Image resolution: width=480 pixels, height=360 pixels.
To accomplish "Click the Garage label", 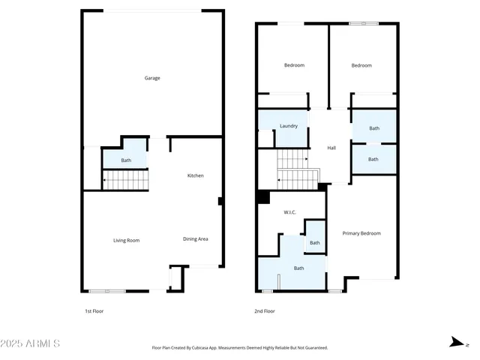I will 152,78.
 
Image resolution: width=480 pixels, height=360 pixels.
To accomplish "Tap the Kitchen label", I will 195,175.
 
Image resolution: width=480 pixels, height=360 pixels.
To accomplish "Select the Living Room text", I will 126,241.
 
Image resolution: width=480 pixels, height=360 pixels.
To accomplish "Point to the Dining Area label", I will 195,239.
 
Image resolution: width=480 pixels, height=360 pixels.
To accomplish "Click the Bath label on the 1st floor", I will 126,160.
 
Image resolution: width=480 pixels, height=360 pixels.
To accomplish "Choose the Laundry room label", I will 289,126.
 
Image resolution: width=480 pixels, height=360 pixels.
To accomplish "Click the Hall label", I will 331,148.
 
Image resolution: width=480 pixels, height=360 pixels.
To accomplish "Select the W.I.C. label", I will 289,212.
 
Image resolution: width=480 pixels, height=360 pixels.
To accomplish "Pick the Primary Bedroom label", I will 361,233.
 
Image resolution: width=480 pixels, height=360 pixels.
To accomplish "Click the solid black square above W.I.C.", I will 263,196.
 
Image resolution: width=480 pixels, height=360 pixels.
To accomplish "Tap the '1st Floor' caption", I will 93,310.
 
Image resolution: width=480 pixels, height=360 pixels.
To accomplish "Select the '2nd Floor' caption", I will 265,310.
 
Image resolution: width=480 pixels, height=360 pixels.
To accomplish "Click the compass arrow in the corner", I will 454,343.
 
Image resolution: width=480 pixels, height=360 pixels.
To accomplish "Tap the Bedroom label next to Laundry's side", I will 294,65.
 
